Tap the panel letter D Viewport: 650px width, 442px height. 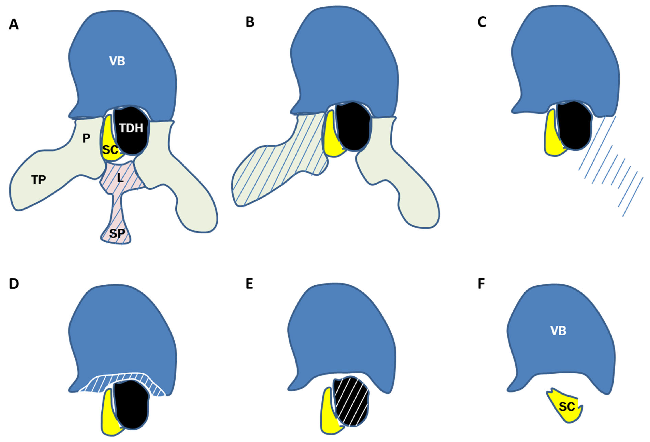coord(14,284)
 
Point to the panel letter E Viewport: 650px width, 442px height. coord(249,284)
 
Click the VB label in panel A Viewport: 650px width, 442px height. coord(117,61)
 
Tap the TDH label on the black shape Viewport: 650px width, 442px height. coord(131,128)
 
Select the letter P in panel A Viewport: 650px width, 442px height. coord(86,138)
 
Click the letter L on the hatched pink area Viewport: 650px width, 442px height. coord(120,178)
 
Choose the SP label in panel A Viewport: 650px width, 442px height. coord(117,233)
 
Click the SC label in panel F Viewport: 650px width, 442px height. coord(567,406)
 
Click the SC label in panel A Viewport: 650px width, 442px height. coord(110,150)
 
